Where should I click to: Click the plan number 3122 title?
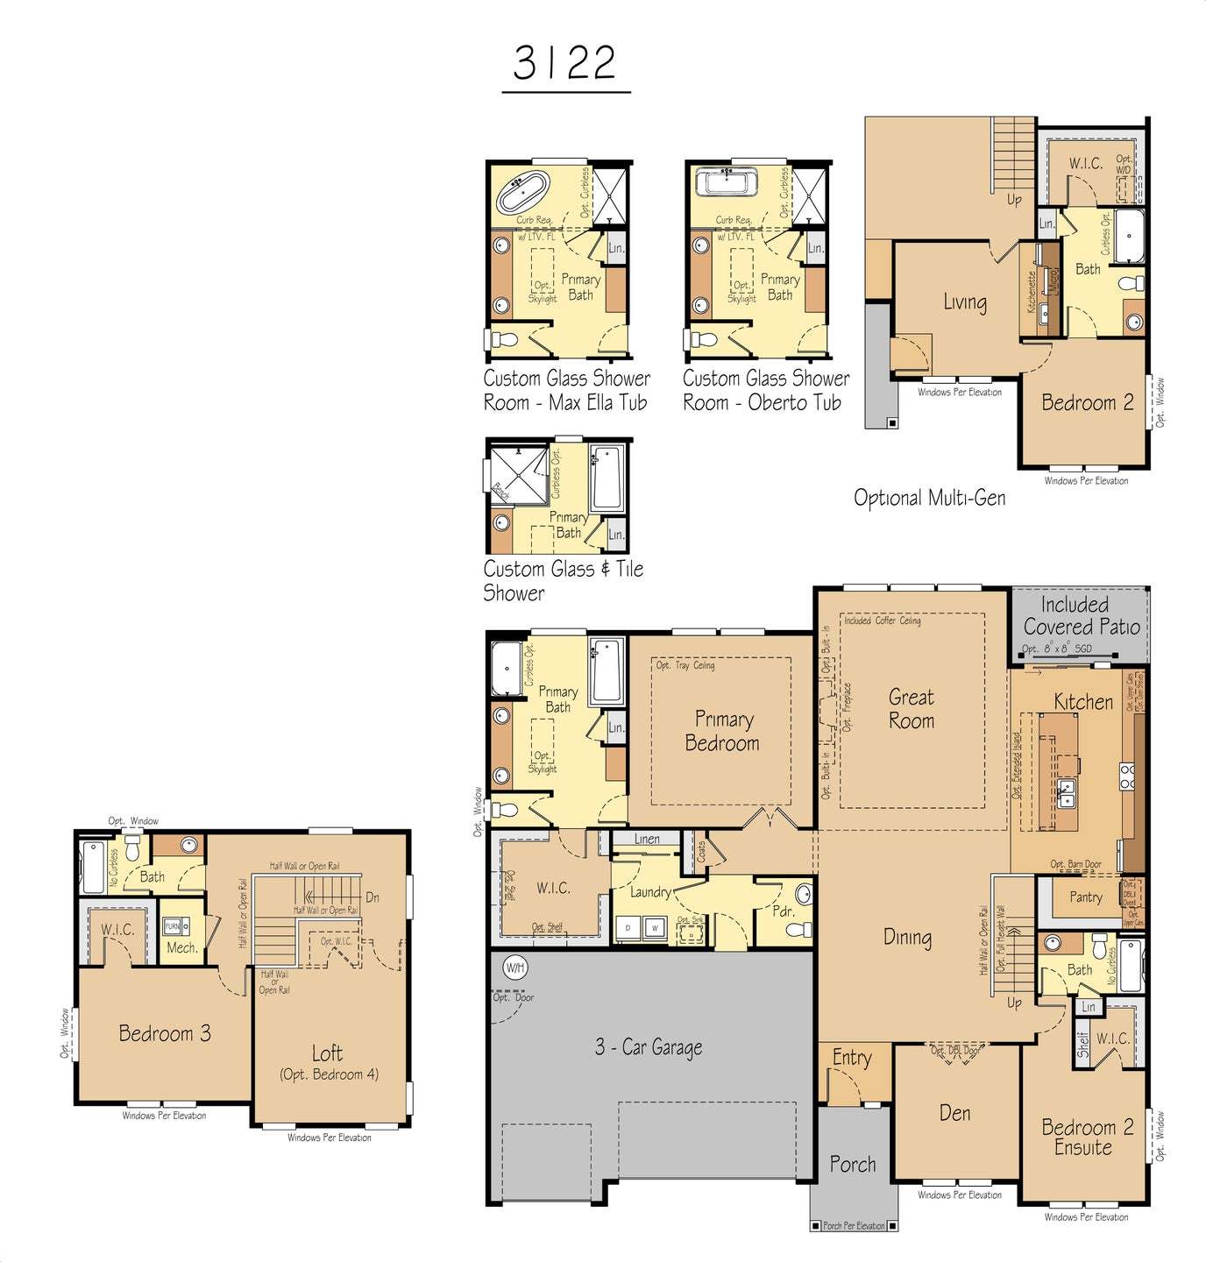(x=565, y=63)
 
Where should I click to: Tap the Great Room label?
(x=912, y=709)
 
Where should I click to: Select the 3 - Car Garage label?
(x=649, y=1047)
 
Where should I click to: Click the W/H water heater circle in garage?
(x=514, y=968)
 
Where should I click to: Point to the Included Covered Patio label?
(x=1081, y=615)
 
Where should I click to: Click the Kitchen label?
(x=1083, y=702)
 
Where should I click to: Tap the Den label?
(x=954, y=1113)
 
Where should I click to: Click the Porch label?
(x=852, y=1165)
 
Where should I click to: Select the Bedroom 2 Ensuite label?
(x=1087, y=1138)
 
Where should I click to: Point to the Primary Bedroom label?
(x=722, y=731)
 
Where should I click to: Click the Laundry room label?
(x=650, y=892)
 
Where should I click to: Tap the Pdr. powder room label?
(x=783, y=911)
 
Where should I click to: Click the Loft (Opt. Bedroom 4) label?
(x=328, y=1062)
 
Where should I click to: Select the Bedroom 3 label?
(x=165, y=1033)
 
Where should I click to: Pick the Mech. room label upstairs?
(x=181, y=947)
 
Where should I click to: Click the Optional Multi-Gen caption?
(x=929, y=498)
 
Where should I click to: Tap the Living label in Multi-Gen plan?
(x=964, y=302)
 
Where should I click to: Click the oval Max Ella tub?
(x=522, y=192)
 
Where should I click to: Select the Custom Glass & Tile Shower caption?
(x=563, y=580)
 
